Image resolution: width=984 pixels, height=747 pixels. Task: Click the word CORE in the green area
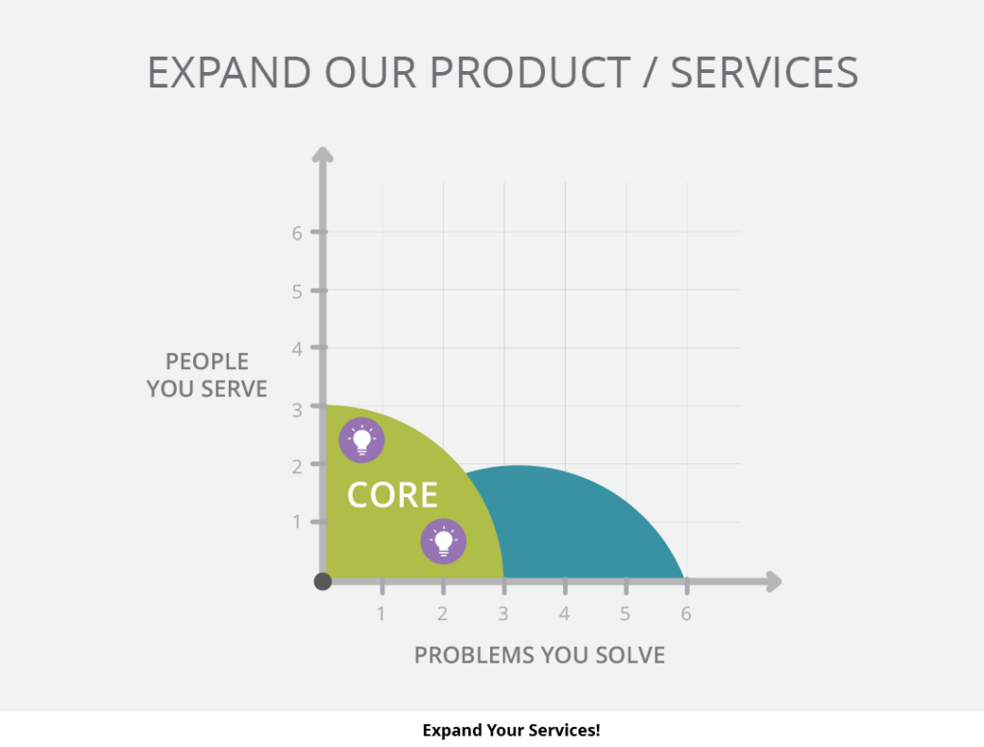tap(392, 495)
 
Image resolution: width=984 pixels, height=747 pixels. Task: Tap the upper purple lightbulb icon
tap(361, 440)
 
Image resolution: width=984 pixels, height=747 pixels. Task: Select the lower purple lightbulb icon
tap(443, 541)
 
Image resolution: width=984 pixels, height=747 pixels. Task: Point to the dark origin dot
tap(323, 582)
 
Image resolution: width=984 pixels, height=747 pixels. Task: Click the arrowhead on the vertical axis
tap(323, 155)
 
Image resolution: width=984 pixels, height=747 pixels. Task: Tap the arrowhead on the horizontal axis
tap(774, 582)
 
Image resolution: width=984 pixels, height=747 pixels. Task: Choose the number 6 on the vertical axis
tap(297, 233)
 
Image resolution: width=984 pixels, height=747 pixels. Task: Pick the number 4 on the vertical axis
tap(297, 348)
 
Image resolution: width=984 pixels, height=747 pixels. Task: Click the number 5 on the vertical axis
tap(297, 291)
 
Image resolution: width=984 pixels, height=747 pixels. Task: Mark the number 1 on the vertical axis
tap(297, 522)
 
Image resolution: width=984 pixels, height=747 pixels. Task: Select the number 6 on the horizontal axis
tap(686, 613)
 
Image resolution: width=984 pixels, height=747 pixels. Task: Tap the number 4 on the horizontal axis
tap(564, 613)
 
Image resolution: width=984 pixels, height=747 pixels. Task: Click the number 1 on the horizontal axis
tap(381, 613)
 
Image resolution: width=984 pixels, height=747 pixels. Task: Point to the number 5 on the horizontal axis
tap(625, 613)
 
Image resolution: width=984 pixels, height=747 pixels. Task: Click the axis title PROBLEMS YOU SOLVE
tap(540, 655)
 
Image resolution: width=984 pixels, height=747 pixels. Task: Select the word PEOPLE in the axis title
tap(208, 361)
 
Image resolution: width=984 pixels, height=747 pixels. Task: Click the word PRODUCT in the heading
tap(530, 72)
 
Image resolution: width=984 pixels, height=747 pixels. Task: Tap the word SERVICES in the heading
tap(764, 72)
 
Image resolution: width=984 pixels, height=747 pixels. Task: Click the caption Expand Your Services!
tap(511, 730)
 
